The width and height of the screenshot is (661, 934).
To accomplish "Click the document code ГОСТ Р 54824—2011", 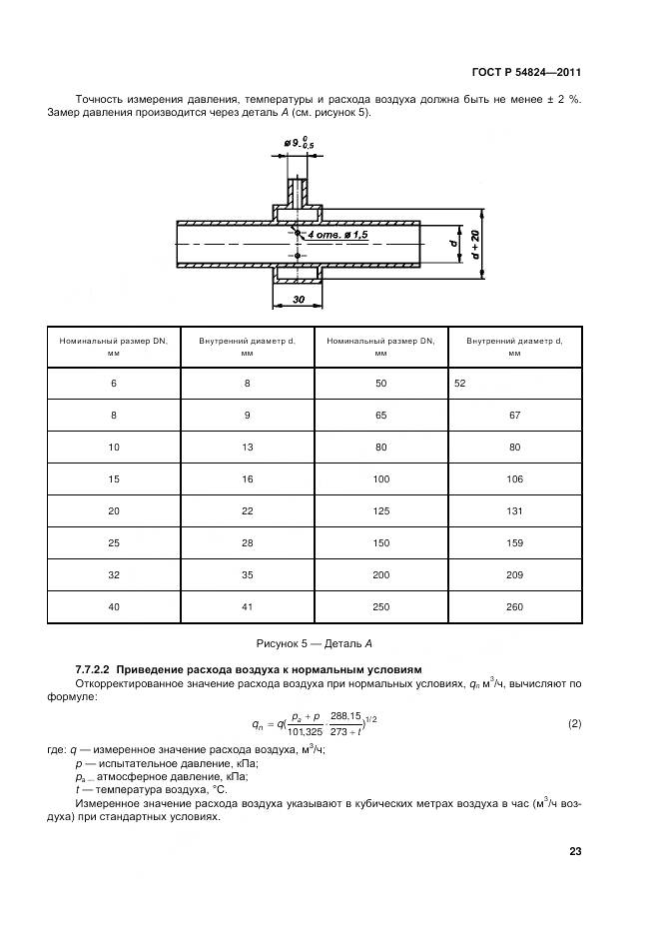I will click(x=526, y=73).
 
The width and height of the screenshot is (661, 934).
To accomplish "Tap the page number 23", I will click(x=575, y=851).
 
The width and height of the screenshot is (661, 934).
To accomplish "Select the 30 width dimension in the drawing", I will click(x=299, y=299).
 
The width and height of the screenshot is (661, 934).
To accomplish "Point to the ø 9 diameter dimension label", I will click(x=297, y=146).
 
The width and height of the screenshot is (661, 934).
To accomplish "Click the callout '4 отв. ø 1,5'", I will click(x=338, y=234).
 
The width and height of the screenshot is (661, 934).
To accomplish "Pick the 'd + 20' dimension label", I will click(x=475, y=244).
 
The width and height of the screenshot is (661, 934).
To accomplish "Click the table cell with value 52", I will click(x=460, y=384).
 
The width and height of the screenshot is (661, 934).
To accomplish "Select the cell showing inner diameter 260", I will click(x=514, y=607).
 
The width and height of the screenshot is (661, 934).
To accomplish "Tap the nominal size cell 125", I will click(x=380, y=511).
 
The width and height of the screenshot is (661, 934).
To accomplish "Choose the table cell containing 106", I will click(x=514, y=479).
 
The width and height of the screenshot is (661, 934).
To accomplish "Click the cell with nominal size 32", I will click(x=113, y=575).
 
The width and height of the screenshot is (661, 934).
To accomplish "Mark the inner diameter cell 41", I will click(x=247, y=607).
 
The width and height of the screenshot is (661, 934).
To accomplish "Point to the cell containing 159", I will click(x=514, y=543).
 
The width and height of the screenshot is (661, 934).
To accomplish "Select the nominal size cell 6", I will click(x=113, y=384).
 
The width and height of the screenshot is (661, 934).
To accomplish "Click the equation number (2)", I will click(x=574, y=723).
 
